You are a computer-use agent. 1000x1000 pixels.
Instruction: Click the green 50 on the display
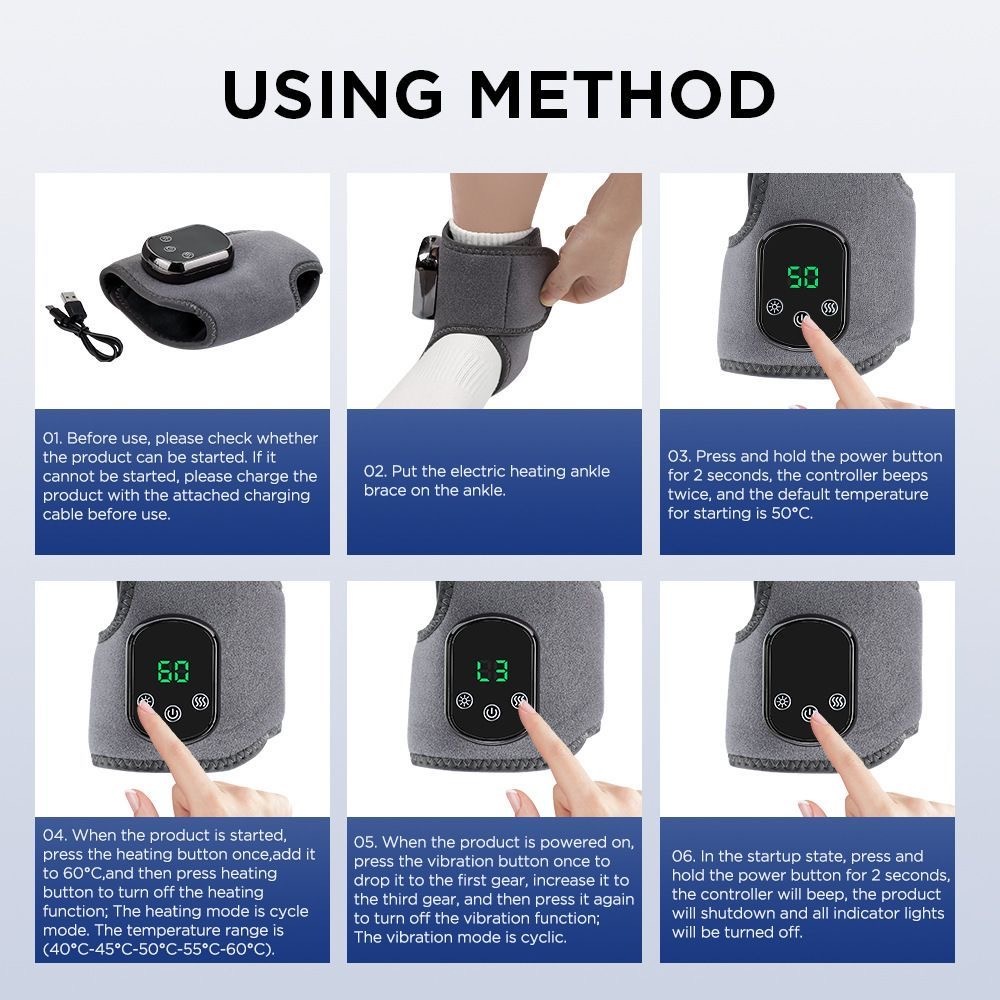tap(803, 276)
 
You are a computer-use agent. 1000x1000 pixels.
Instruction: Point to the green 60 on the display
tap(174, 671)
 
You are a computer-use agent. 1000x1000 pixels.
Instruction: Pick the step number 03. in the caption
tap(680, 456)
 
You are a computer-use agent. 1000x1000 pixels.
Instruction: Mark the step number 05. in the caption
tap(366, 842)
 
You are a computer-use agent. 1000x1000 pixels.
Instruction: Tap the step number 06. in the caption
tap(684, 856)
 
